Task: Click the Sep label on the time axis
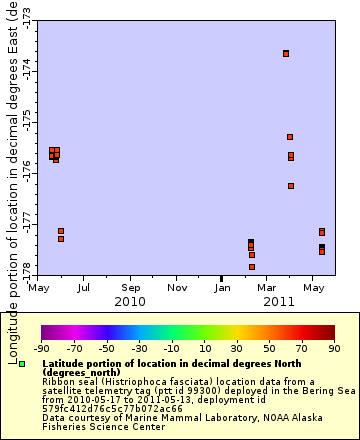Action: (x=130, y=288)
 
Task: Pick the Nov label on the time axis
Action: (x=177, y=288)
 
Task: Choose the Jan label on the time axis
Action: (x=223, y=288)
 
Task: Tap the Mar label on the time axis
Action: (x=267, y=288)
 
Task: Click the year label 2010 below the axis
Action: (x=130, y=301)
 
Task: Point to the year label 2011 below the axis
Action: (x=279, y=301)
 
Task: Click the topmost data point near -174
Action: (x=286, y=53)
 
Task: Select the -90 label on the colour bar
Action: (x=41, y=349)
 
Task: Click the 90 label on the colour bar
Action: (x=334, y=349)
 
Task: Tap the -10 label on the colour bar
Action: (x=171, y=349)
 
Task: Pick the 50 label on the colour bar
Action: (x=269, y=349)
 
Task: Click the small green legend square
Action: (x=22, y=364)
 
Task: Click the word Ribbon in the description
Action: (x=59, y=381)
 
